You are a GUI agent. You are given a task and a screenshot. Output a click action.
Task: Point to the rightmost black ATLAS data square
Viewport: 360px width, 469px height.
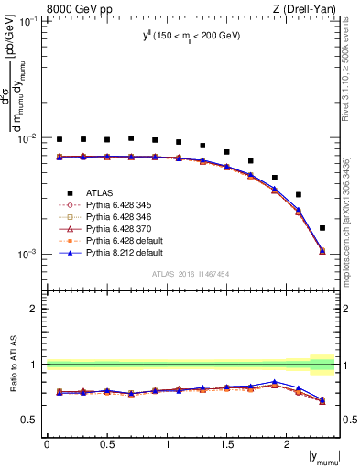[x=322, y=228]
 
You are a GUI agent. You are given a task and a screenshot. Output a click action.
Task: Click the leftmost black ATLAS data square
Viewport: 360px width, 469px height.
[x=60, y=140]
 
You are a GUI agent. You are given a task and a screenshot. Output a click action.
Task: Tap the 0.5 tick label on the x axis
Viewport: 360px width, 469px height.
[x=107, y=443]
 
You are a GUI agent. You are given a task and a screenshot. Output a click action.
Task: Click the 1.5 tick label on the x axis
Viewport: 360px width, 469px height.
[x=227, y=443]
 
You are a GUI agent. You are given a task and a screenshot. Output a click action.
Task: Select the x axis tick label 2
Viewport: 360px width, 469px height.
[x=287, y=443]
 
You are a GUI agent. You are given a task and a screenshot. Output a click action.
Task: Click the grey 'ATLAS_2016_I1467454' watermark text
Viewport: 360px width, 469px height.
[x=191, y=274]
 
